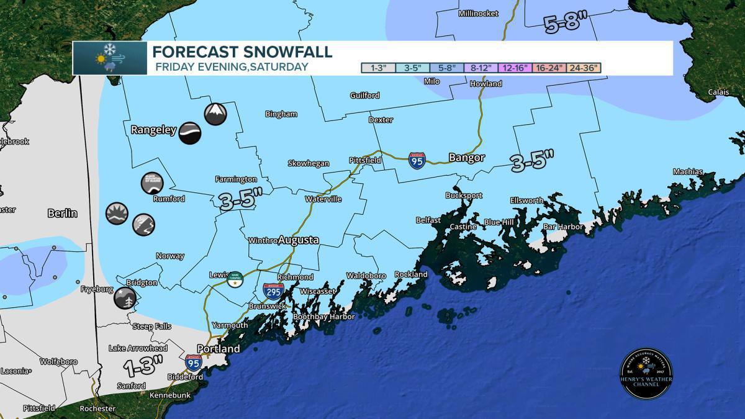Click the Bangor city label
466,158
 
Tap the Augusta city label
298,240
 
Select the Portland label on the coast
218,349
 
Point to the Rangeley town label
154,130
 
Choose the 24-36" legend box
582,68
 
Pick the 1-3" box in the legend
379,68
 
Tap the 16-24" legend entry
544,68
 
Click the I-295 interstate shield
273,291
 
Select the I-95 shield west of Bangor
417,161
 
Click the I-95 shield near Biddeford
193,362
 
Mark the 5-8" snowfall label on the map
565,23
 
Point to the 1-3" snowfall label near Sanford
143,366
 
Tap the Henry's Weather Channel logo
646,374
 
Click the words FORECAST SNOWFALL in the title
242,52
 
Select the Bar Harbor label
563,227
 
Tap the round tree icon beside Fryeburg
125,299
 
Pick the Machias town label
688,172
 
